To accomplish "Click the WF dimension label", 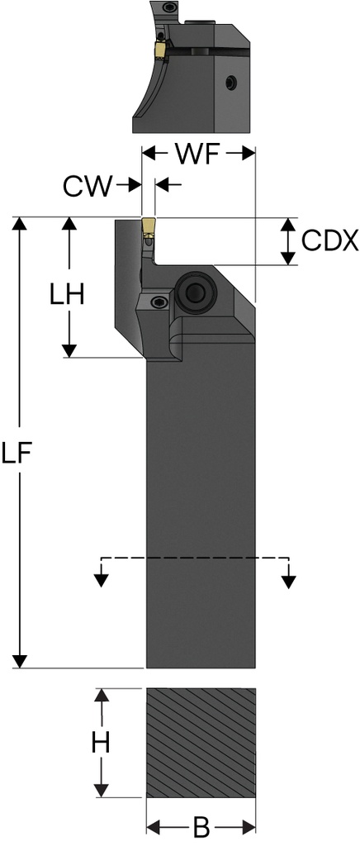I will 198,154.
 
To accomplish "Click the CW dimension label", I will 88,186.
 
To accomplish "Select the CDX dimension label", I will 329,241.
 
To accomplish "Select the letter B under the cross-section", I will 200,825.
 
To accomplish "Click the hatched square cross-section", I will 201,743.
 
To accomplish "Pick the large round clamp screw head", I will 196,292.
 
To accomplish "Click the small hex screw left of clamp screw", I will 157,302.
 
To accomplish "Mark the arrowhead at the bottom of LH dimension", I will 69,350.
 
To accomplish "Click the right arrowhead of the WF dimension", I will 248,154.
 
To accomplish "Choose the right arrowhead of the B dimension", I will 249,825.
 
